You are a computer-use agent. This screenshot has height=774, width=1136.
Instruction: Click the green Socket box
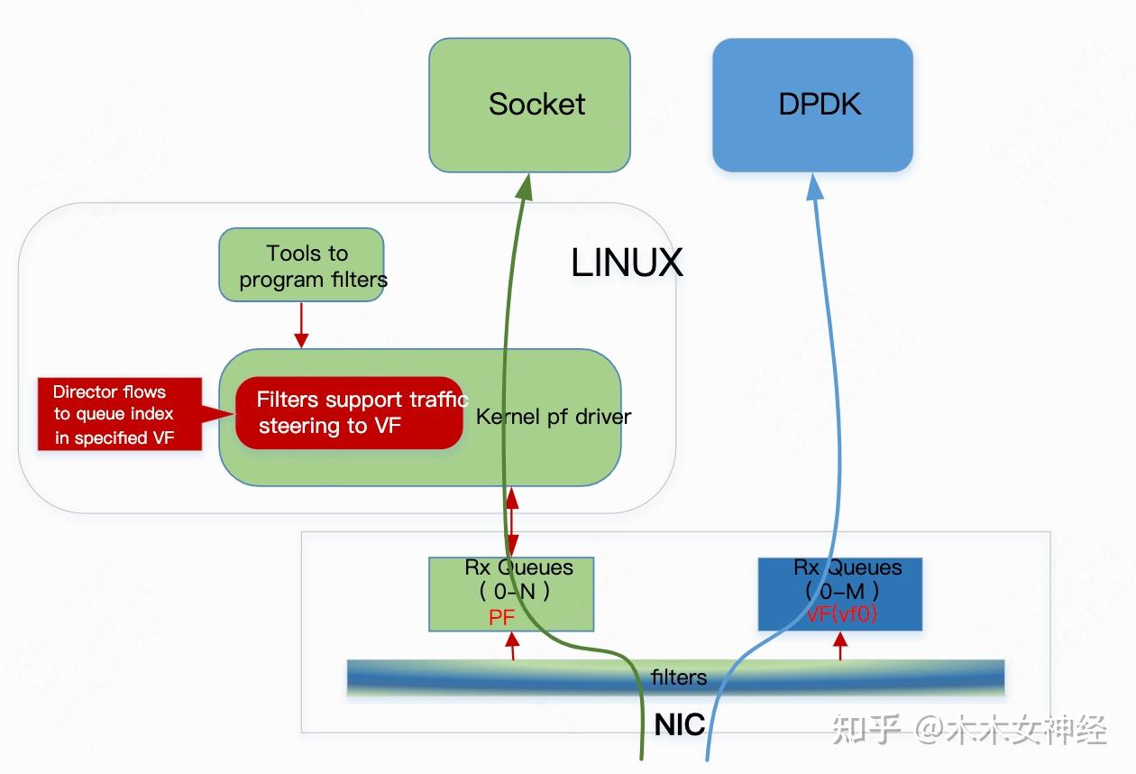(x=529, y=105)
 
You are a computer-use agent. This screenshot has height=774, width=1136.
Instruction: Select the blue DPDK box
(x=812, y=105)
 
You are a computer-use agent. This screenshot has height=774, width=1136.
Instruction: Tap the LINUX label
(x=627, y=263)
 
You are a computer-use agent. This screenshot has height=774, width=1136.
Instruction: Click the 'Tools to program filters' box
(x=301, y=264)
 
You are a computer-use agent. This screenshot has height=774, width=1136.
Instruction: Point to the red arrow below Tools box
(x=301, y=325)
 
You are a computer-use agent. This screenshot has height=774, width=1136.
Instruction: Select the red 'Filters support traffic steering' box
(x=350, y=413)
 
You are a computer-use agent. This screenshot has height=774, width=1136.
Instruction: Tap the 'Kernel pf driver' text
(x=554, y=417)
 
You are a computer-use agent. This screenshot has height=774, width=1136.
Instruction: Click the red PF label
(x=501, y=618)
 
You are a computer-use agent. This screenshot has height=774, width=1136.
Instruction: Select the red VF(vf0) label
(x=840, y=615)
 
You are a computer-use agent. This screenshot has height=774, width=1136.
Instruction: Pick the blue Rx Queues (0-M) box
(x=840, y=593)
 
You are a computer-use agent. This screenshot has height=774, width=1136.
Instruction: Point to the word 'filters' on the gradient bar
(x=678, y=677)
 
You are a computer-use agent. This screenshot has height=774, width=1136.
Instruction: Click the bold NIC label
(x=679, y=725)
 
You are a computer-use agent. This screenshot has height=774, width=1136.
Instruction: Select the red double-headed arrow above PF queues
(x=513, y=521)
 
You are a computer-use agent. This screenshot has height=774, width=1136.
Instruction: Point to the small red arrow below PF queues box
(x=513, y=646)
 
